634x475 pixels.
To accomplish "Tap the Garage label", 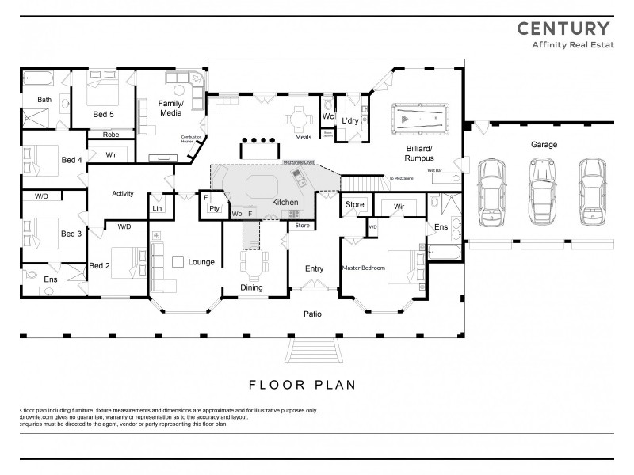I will click(x=544, y=145).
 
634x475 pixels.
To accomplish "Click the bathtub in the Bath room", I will click(x=38, y=79).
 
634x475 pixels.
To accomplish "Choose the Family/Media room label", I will click(x=170, y=108).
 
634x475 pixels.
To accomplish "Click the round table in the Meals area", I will click(x=296, y=120).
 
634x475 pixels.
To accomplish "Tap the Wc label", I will click(x=328, y=117).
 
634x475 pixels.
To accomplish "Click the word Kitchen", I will click(x=285, y=203).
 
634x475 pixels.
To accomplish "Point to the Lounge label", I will click(x=201, y=262).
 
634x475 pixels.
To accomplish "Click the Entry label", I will click(x=314, y=269).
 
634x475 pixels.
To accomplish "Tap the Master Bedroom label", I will click(x=363, y=268).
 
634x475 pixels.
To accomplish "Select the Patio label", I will click(x=313, y=314).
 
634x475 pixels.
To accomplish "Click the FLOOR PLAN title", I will click(x=302, y=386).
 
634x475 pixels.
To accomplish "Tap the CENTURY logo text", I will click(x=563, y=28).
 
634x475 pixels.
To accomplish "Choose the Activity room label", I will click(x=123, y=194).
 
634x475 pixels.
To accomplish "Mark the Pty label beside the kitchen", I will click(x=214, y=209).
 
